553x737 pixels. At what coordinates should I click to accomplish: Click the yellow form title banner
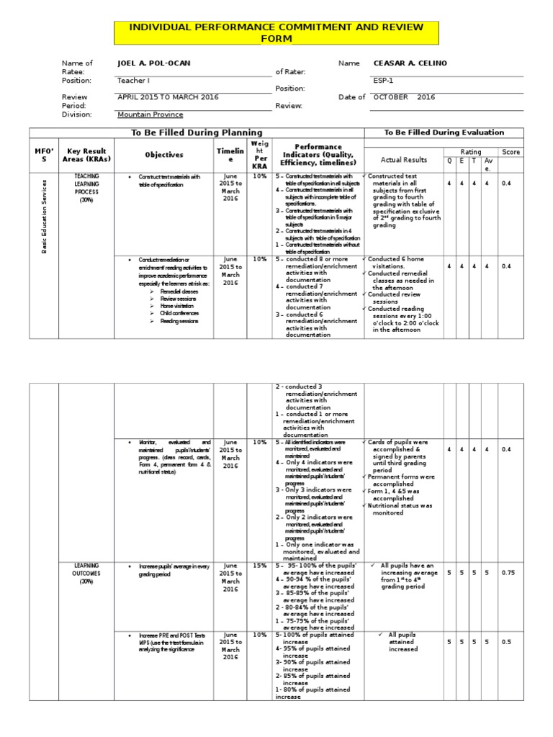coord(276,32)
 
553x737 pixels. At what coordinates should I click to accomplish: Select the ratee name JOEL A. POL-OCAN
coord(153,63)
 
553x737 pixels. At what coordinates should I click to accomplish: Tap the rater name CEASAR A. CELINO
coord(410,63)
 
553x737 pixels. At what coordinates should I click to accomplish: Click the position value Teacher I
coord(133,81)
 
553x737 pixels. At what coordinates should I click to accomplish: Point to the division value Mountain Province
coord(150,114)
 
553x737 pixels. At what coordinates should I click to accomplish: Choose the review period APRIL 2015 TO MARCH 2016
coord(168,97)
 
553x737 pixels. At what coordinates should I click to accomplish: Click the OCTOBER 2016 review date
coord(405,97)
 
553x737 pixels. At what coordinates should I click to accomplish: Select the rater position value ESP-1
coord(383,81)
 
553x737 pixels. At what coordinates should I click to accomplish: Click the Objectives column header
coord(164,155)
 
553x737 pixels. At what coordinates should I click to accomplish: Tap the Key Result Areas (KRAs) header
coord(86,155)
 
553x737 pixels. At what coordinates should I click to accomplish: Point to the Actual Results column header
coord(404,160)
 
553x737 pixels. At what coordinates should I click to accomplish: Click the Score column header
coord(511,152)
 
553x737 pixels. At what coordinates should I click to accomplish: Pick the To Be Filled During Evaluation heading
coord(444,132)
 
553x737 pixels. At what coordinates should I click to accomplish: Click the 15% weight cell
coord(259,565)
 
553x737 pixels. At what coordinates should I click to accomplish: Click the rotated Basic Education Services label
coord(44,217)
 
